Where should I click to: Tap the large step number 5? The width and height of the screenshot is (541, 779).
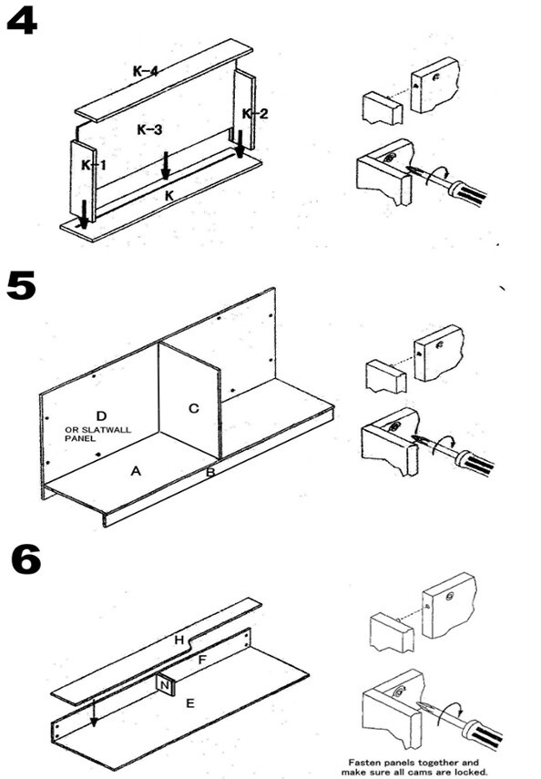point(21,285)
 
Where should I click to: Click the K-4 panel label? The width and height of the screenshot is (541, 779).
point(146,71)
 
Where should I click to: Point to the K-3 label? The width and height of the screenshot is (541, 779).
point(149,130)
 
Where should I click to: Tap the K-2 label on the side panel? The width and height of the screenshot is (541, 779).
point(255,114)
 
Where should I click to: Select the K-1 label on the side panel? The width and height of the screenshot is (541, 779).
point(94,165)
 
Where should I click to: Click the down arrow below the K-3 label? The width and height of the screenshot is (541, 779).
point(166,166)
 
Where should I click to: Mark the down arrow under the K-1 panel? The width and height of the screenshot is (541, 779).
point(84,215)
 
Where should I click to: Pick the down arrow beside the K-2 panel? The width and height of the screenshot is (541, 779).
point(240,144)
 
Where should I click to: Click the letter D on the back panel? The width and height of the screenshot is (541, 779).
point(101,415)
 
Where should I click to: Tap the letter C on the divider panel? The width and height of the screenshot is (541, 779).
point(194,408)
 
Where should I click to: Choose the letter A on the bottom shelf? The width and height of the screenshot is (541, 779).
point(136,470)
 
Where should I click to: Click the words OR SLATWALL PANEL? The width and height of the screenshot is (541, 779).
point(97,434)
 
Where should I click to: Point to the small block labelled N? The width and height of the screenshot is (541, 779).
point(166,686)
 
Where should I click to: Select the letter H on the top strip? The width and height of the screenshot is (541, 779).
point(179,640)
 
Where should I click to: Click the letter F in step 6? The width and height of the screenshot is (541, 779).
point(201,660)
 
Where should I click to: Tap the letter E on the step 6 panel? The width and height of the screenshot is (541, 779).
point(189,703)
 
